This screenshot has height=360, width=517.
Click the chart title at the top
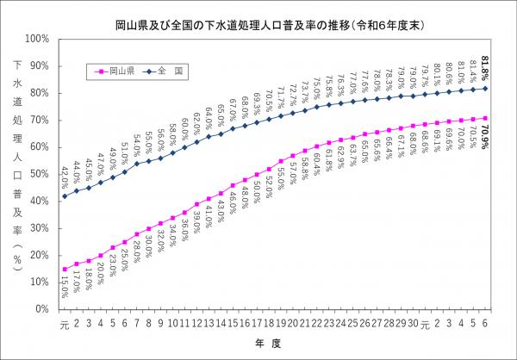(x=258, y=16)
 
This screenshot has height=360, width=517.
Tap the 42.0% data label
(x=65, y=176)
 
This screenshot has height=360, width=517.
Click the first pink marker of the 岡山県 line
(x=65, y=269)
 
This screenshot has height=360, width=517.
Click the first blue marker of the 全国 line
(x=65, y=196)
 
